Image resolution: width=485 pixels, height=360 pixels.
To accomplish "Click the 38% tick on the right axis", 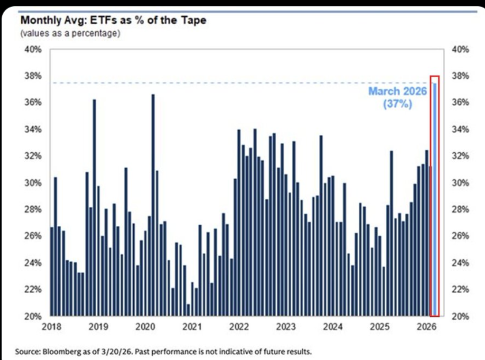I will pyautogui.click(x=461, y=76).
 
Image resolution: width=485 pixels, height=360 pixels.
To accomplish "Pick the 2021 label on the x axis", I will pyautogui.click(x=192, y=327).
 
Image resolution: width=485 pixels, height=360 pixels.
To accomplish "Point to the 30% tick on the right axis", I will pyautogui.click(x=461, y=183).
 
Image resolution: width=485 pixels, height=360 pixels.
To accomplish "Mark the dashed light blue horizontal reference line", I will pyautogui.click(x=231, y=83).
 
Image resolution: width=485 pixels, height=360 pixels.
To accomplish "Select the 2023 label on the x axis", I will pyautogui.click(x=285, y=327).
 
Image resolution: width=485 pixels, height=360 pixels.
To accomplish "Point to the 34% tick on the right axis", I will pyautogui.click(x=461, y=130).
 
